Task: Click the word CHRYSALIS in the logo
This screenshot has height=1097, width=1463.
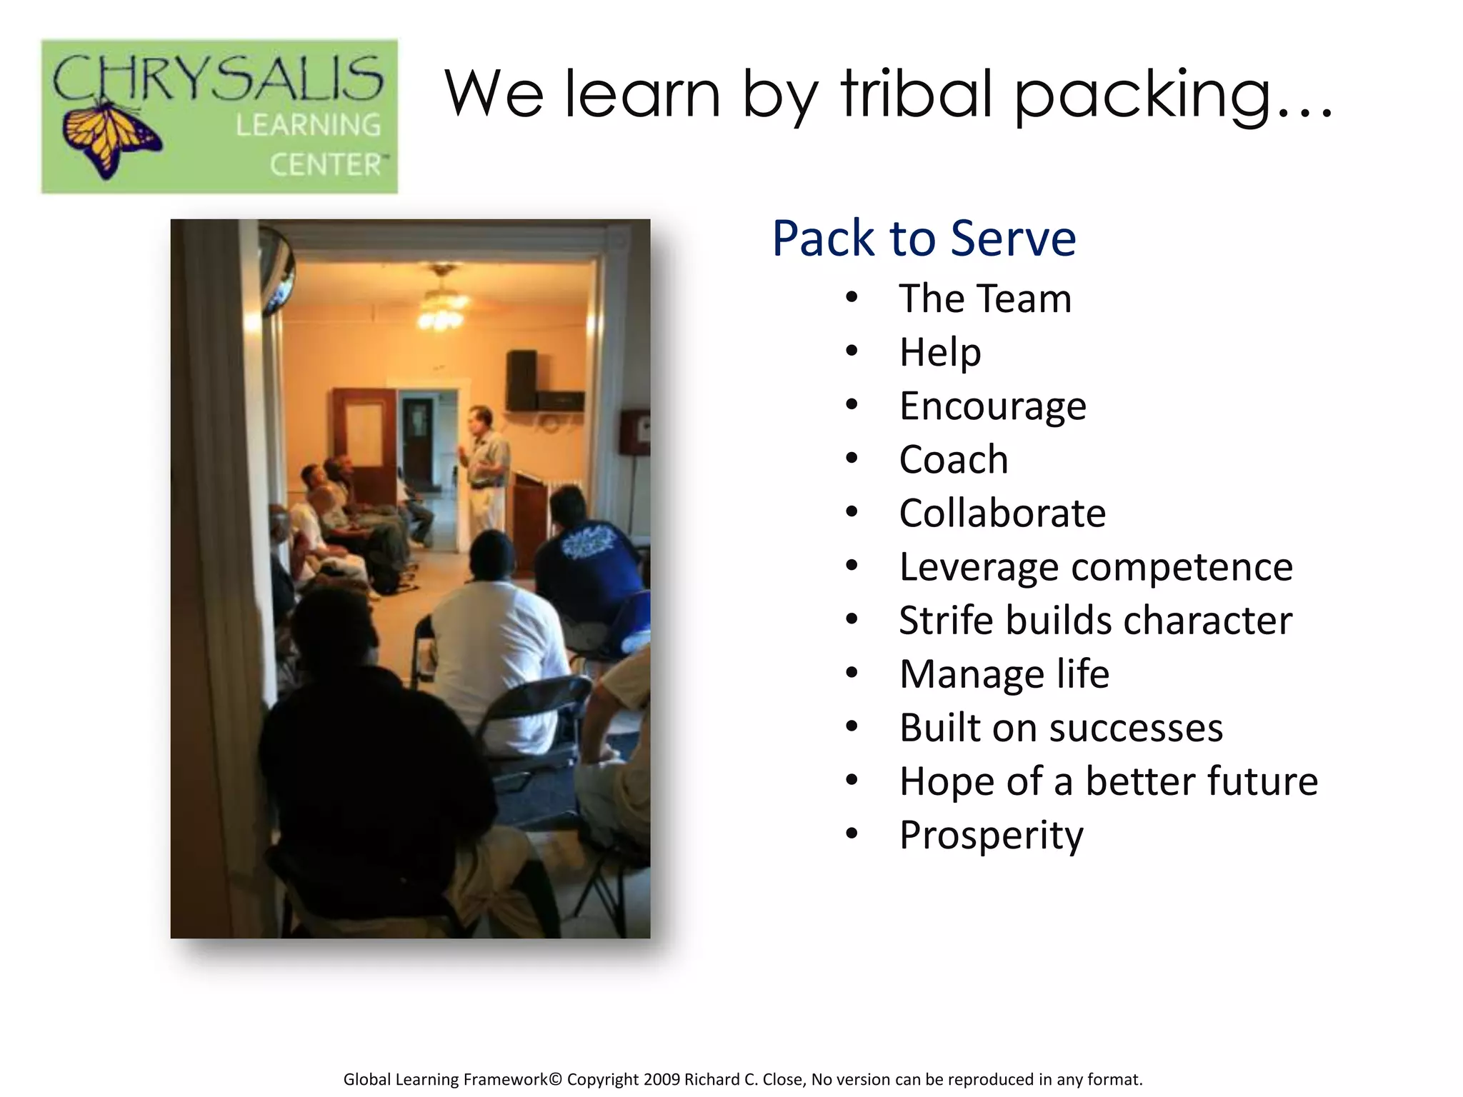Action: [218, 78]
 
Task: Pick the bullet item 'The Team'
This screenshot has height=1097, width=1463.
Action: [985, 299]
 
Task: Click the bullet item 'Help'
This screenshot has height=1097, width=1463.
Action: [940, 352]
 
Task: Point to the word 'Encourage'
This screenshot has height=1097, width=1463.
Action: [992, 406]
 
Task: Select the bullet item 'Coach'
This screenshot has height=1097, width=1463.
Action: [953, 459]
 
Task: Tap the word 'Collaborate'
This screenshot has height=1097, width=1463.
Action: [1002, 514]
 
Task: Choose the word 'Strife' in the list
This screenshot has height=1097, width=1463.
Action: [946, 620]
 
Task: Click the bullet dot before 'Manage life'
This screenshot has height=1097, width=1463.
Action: [852, 673]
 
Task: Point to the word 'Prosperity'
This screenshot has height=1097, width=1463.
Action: [991, 835]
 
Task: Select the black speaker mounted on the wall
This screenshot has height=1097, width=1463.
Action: [521, 379]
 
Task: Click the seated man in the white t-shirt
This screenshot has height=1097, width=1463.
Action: [493, 643]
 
